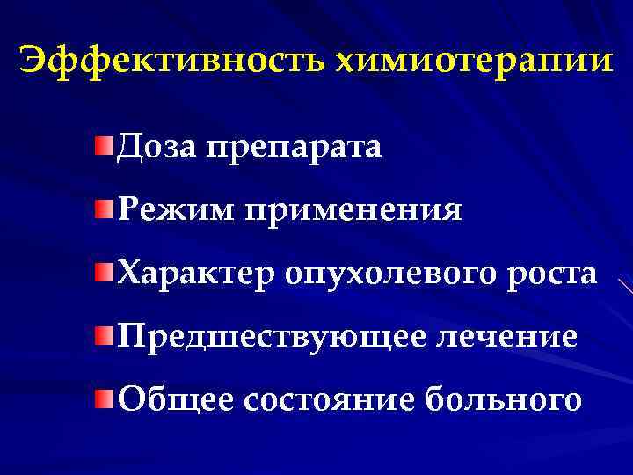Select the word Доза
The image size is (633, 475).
click(x=157, y=146)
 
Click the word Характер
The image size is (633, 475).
click(x=196, y=274)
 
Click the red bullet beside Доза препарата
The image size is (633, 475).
click(x=105, y=142)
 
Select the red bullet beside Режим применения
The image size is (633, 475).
click(x=105, y=207)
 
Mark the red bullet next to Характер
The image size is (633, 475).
click(x=105, y=270)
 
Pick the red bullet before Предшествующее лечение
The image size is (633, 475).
click(x=105, y=334)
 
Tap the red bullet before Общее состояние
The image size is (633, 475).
click(x=105, y=397)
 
